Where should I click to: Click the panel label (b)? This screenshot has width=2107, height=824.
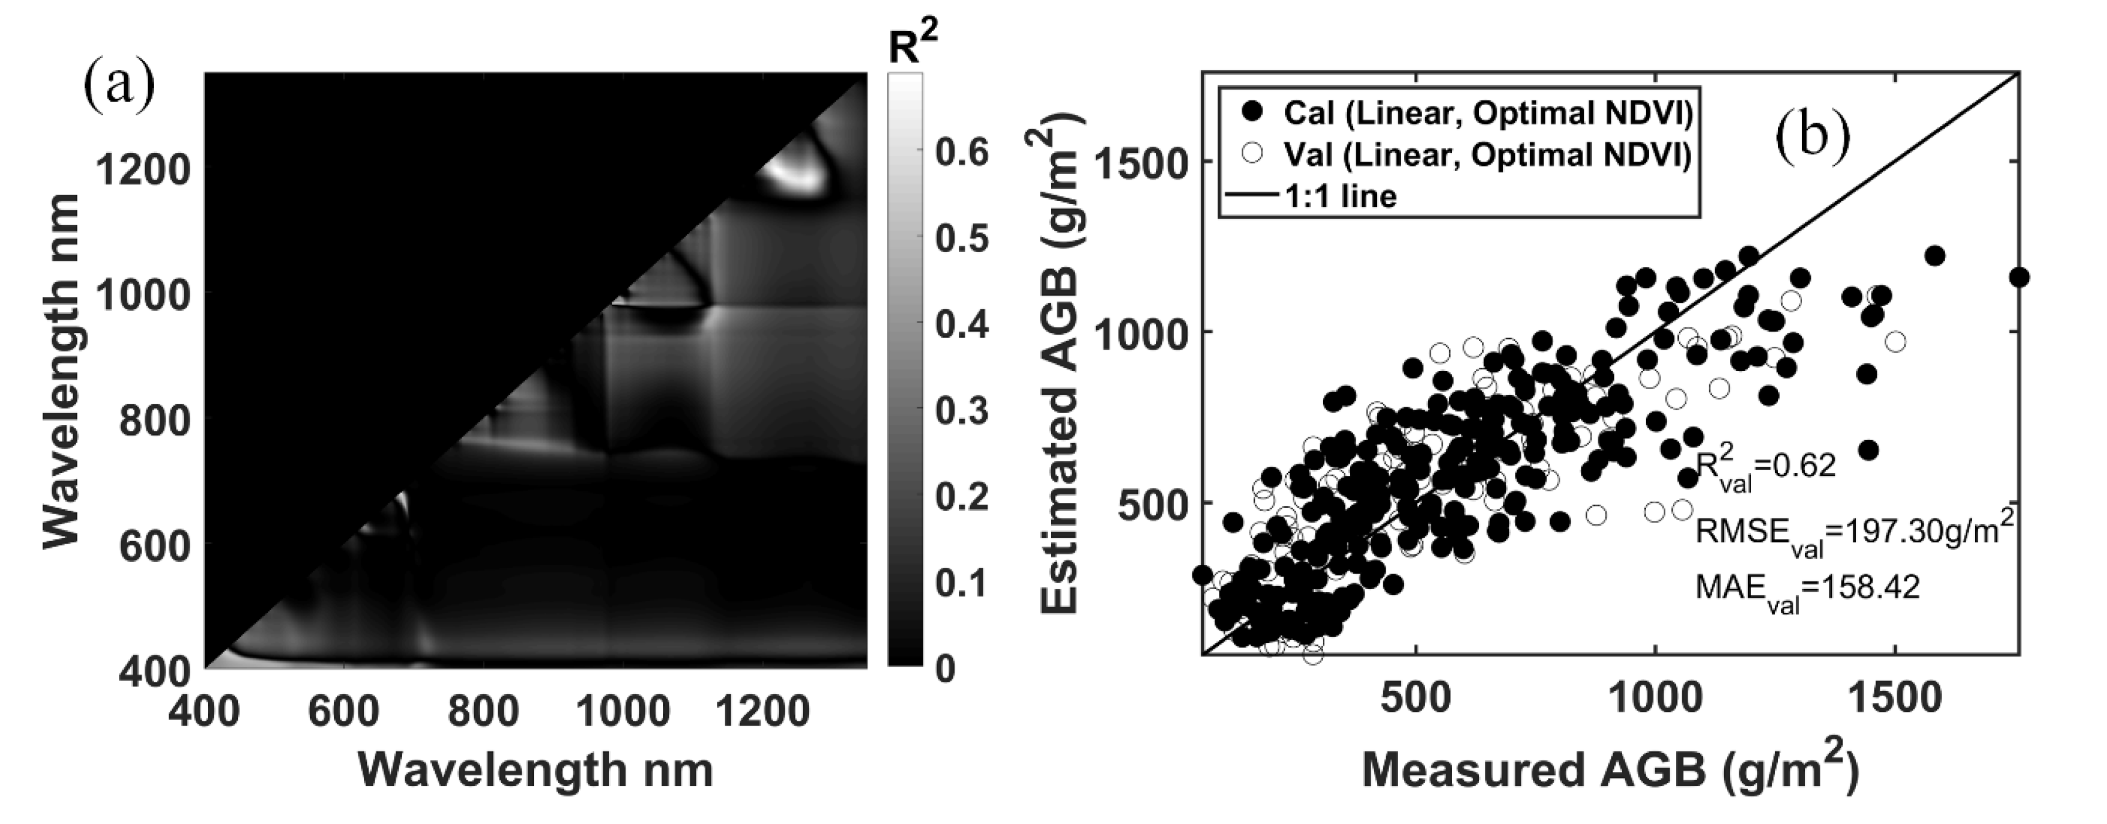(x=1812, y=135)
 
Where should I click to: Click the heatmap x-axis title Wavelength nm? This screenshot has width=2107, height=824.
(x=536, y=770)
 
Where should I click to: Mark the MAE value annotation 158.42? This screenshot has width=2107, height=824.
(x=1807, y=588)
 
